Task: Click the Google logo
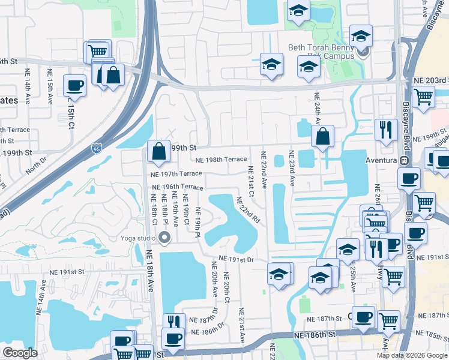pyautogui.click(x=20, y=353)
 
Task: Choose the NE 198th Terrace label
pyautogui.click(x=221, y=160)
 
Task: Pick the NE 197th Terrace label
pyautogui.click(x=177, y=173)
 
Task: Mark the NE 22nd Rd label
pyautogui.click(x=247, y=211)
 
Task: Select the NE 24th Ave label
pyautogui.click(x=316, y=108)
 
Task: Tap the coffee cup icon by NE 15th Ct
pyautogui.click(x=74, y=85)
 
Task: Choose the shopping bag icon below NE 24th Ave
pyautogui.click(x=323, y=137)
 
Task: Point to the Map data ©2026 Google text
pyautogui.click(x=413, y=355)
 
